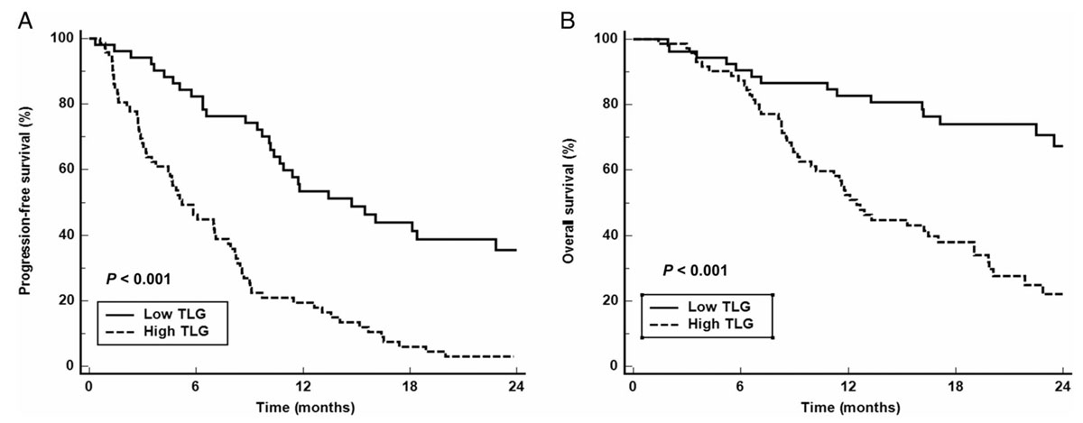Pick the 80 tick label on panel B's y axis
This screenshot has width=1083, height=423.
tap(612, 105)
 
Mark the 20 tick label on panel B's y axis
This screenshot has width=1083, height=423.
tap(612, 300)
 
